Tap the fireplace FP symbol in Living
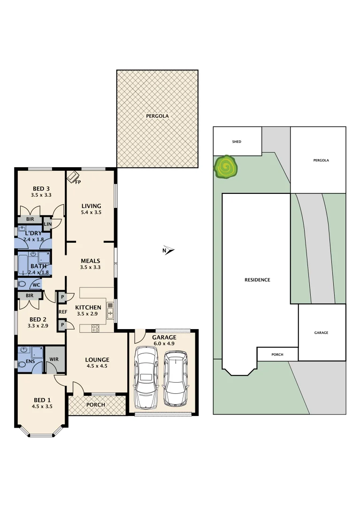point(73,177)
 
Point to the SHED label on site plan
point(237,141)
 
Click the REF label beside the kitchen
point(61,311)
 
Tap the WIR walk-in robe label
point(54,360)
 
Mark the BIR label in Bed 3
point(30,219)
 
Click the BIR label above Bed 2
point(30,296)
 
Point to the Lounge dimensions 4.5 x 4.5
point(97,366)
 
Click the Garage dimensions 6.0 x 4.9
point(164,343)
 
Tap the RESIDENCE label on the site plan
point(257,280)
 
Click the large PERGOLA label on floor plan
point(157,116)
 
